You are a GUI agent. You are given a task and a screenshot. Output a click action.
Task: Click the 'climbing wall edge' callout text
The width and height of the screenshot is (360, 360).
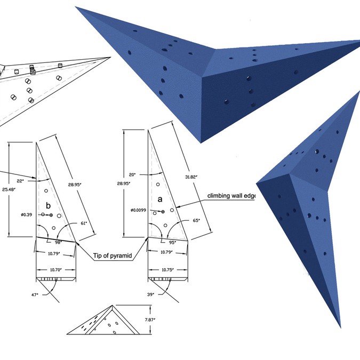point(232,196)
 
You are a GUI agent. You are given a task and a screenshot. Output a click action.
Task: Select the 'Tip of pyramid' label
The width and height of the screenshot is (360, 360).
point(113,256)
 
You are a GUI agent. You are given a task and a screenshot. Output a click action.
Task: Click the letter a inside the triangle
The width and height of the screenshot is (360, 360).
point(161,198)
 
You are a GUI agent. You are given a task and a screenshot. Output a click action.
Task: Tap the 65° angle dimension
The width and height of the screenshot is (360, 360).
point(196,219)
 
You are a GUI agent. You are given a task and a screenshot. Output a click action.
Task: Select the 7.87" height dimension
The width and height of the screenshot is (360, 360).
point(156,320)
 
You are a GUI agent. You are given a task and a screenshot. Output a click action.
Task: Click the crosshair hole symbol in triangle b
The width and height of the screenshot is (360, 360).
point(51,214)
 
